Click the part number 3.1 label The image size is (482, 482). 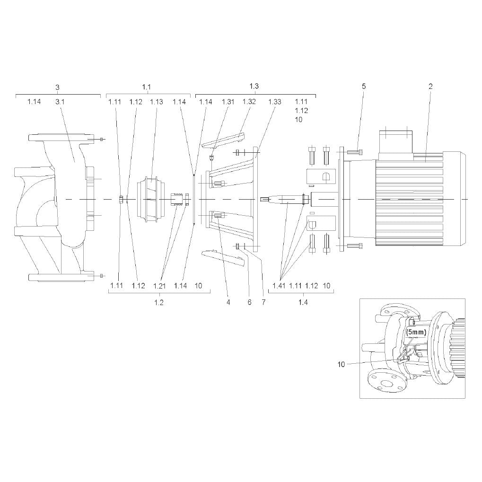(x=60, y=102)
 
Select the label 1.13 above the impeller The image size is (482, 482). (x=157, y=102)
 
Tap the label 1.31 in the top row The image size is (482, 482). (x=228, y=102)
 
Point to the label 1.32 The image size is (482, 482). (x=249, y=102)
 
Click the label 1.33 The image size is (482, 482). (x=274, y=102)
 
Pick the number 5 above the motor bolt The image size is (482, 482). (x=364, y=87)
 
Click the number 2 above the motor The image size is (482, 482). (x=430, y=87)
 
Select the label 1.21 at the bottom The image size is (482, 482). (x=159, y=286)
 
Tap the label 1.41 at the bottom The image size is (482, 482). (x=279, y=286)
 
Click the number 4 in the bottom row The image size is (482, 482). (x=228, y=302)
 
